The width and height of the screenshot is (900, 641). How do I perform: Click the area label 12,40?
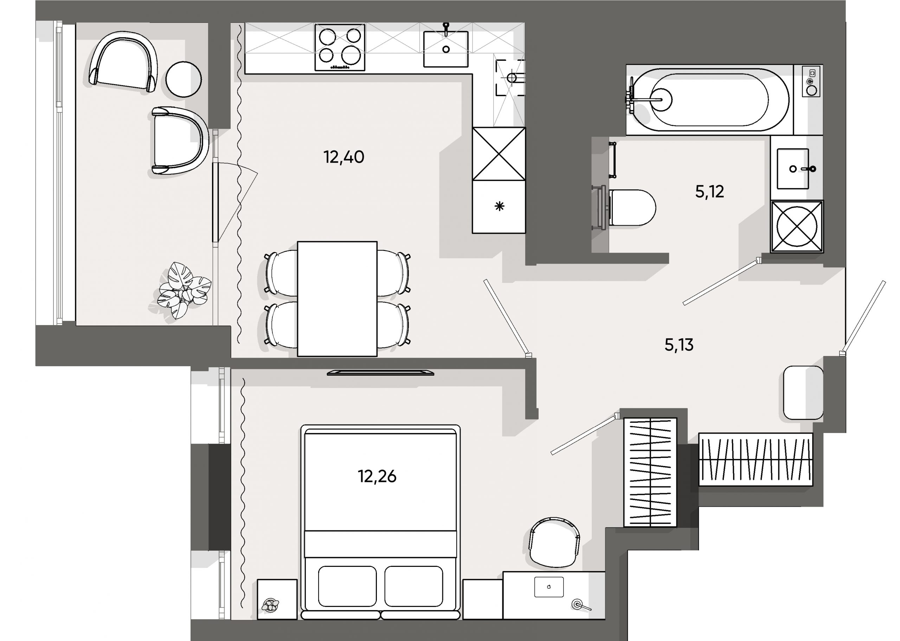pos(343,157)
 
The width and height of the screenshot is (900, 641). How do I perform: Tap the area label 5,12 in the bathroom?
pos(709,192)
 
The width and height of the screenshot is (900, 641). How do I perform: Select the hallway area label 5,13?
pos(679,345)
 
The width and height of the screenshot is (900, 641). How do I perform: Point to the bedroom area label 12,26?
pos(377,477)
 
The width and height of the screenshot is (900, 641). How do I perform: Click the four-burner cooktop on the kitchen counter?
pos(340,47)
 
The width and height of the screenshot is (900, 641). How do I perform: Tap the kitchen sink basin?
pos(446,49)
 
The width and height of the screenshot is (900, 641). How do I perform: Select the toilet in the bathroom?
pos(631,208)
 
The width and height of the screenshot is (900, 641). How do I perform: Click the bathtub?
pos(708,99)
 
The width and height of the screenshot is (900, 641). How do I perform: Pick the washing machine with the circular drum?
pos(797,227)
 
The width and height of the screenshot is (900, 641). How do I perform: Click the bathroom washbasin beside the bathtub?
pos(793,169)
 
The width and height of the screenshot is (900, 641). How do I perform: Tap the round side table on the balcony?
pos(184,79)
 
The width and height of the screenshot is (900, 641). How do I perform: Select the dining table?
pos(337,299)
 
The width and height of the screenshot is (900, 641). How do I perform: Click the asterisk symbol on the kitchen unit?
pos(499,206)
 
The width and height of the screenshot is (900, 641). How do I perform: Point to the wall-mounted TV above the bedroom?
pos(380,372)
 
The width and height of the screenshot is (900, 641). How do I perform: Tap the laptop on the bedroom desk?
pos(549,587)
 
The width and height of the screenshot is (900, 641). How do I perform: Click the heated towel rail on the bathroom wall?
pos(613,160)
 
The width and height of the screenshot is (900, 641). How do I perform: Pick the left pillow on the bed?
pos(347,586)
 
